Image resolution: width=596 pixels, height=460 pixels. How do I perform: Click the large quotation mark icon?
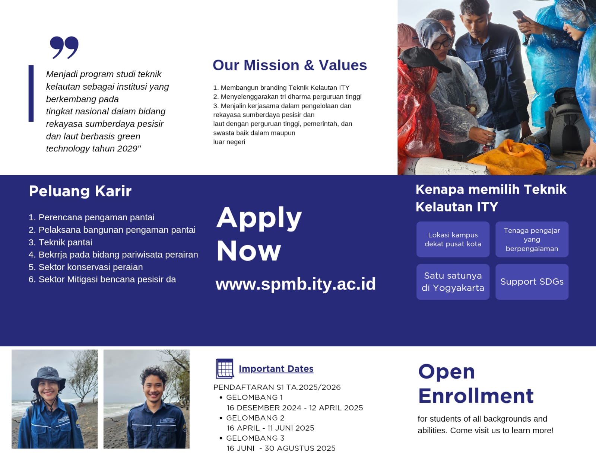click(64, 47)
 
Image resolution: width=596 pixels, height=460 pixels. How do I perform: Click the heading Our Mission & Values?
click(290, 65)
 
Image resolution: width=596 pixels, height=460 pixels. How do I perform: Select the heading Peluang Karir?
click(80, 191)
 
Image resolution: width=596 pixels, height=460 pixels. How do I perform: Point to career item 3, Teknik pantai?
click(60, 242)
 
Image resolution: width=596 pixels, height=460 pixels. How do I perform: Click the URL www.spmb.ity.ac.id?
click(295, 284)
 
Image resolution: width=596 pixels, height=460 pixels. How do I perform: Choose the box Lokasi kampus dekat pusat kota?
click(453, 239)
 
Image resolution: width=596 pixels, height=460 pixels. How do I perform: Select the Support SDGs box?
click(532, 282)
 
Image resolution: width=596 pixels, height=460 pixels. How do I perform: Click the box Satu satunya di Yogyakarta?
click(453, 282)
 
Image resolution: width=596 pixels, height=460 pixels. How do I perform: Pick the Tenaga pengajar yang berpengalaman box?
click(532, 239)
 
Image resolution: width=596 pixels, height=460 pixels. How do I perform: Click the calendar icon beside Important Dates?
click(225, 368)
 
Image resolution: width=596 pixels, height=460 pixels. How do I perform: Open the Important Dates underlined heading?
click(276, 369)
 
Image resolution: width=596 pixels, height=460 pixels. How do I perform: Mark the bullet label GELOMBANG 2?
click(255, 418)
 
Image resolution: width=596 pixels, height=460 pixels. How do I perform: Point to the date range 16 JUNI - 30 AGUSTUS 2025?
click(281, 448)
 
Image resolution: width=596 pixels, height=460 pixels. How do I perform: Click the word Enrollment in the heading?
click(476, 396)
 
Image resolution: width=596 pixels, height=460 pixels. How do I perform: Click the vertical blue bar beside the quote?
click(31, 93)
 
